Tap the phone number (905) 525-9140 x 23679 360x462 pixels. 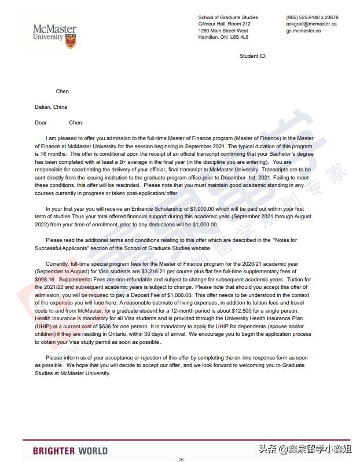[312, 17]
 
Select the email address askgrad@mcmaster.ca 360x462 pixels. [311, 24]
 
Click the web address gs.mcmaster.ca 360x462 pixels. [303, 31]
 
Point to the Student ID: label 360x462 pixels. [253, 56]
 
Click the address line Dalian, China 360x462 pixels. [51, 107]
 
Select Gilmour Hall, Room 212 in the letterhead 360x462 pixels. [225, 24]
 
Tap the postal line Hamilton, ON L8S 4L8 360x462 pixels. [223, 37]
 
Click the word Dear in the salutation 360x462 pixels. [41, 123]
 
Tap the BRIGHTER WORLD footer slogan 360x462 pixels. [70, 450]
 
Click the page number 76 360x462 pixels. [181, 459]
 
